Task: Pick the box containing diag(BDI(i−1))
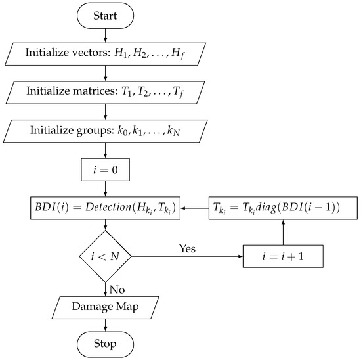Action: point(284,208)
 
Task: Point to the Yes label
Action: point(187,249)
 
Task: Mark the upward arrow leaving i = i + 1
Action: point(284,233)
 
